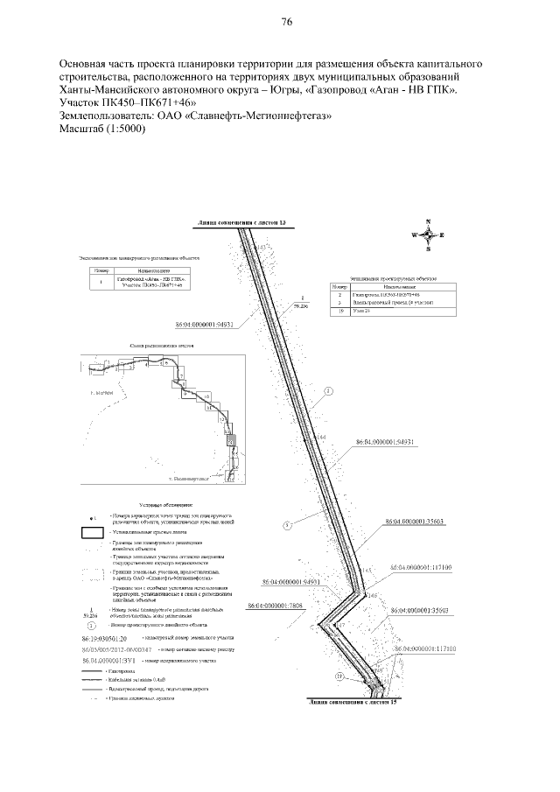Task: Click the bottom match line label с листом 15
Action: click(351, 702)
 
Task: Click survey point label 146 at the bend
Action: click(373, 595)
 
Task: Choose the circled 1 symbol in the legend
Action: click(93, 626)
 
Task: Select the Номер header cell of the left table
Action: click(98, 271)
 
